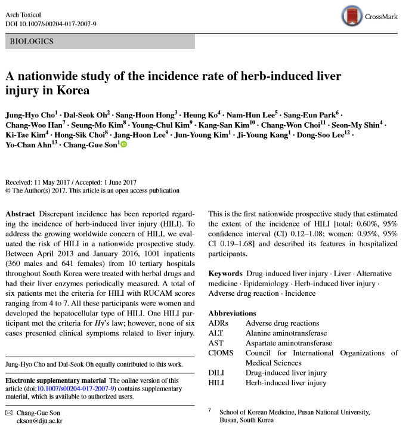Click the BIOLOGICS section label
coord(32,42)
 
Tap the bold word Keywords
coord(225,273)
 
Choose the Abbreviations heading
coord(233,313)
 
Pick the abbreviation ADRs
coord(218,323)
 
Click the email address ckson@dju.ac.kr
coord(41,420)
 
